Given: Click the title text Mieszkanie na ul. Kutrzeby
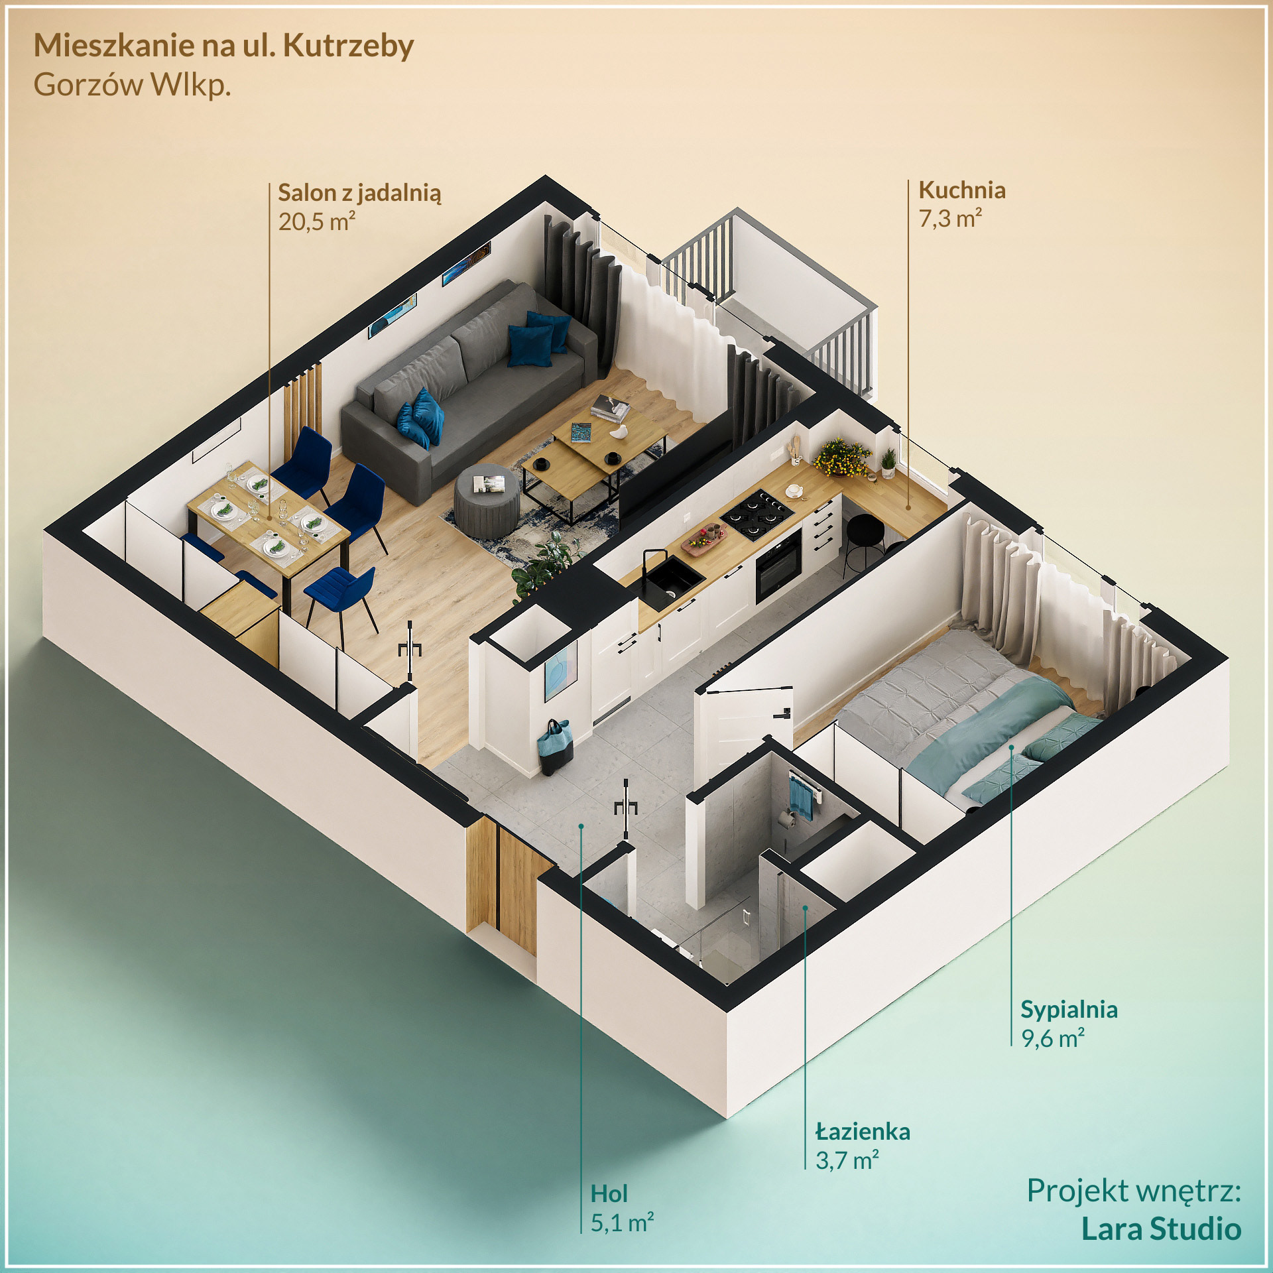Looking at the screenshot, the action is pyautogui.click(x=223, y=46).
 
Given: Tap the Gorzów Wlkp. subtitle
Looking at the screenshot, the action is pyautogui.click(x=132, y=86).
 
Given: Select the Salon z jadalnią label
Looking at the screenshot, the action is pyautogui.click(x=359, y=193).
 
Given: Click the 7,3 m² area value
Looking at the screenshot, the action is pyautogui.click(x=949, y=219).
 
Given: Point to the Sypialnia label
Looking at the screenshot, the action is pyautogui.click(x=1069, y=1010).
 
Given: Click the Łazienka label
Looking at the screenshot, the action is pyautogui.click(x=863, y=1132).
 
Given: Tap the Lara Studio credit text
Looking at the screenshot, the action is pyautogui.click(x=1161, y=1229).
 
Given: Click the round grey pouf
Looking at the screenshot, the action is pyautogui.click(x=487, y=500).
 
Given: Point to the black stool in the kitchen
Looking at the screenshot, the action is pyautogui.click(x=865, y=534).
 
